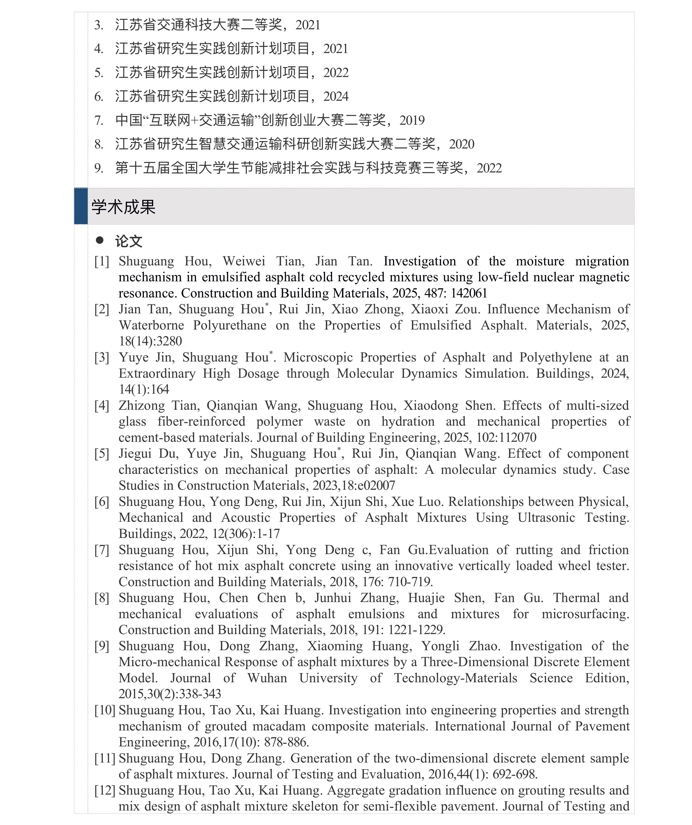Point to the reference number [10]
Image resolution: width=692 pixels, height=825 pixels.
coord(104,710)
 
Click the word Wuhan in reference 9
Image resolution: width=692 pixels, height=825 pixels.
coord(267,678)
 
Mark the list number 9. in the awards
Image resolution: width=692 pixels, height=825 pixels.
coord(99,168)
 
